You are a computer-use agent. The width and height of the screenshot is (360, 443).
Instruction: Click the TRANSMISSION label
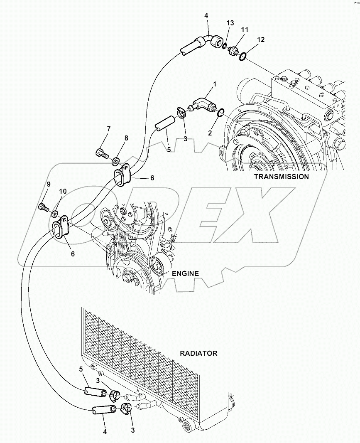point(281,177)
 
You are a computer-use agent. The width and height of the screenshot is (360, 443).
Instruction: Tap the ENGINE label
point(185,273)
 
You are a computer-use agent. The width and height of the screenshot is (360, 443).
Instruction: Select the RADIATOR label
point(198,353)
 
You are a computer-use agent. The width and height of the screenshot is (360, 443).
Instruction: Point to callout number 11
point(245,30)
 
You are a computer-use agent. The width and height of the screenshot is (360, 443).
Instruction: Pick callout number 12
point(260,39)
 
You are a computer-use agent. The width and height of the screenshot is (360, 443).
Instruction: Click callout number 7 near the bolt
point(108,129)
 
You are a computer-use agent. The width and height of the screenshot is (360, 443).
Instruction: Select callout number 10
point(62,192)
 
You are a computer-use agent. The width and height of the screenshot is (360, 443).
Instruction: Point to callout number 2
point(210,133)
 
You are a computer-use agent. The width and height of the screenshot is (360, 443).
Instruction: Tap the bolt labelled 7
point(101,153)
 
